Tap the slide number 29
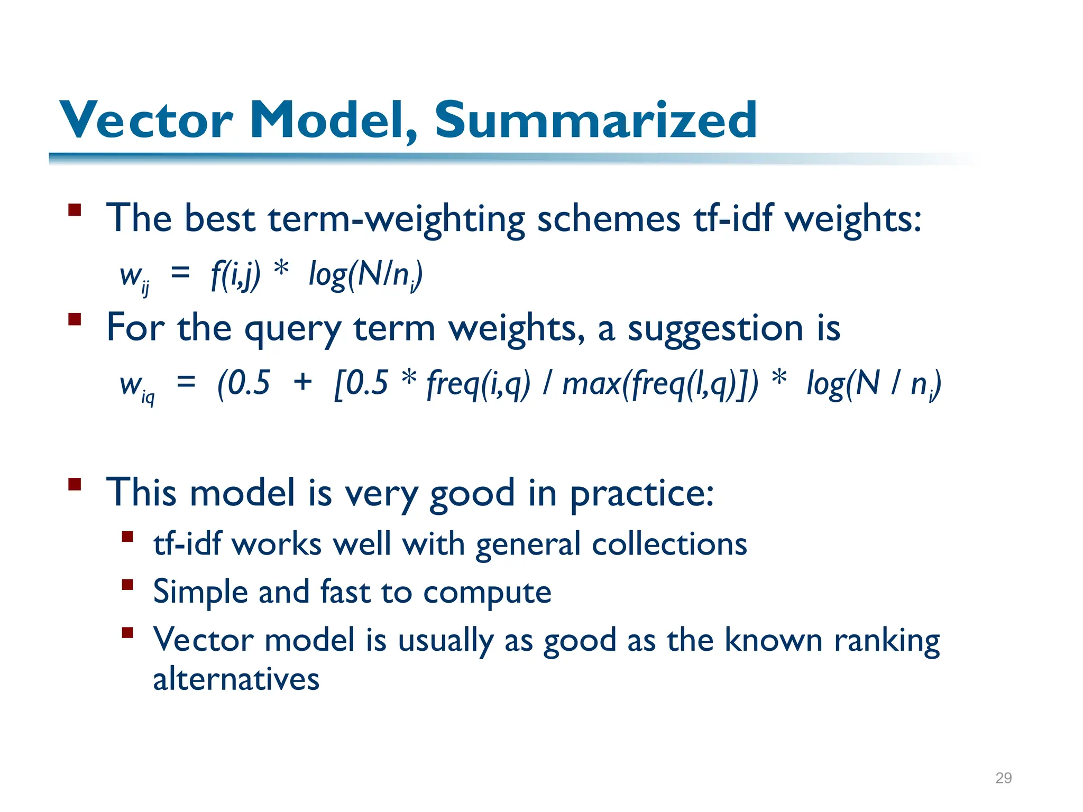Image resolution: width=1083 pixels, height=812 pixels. [1003, 778]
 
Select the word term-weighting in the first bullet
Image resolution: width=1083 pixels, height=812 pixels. [396, 219]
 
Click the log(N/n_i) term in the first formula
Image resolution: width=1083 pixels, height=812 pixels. [365, 275]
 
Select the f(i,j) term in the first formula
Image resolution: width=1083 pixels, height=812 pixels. [235, 275]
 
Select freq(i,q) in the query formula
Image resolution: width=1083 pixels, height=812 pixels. [478, 384]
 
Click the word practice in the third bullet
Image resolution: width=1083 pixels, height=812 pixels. [641, 494]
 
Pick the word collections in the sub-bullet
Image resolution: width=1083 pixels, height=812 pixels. [669, 545]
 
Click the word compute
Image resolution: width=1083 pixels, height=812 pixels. [487, 593]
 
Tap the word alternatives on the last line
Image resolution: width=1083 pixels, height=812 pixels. [236, 679]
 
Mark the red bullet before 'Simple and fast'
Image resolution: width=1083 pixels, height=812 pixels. [127, 585]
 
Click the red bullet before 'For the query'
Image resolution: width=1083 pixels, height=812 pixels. [75, 319]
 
